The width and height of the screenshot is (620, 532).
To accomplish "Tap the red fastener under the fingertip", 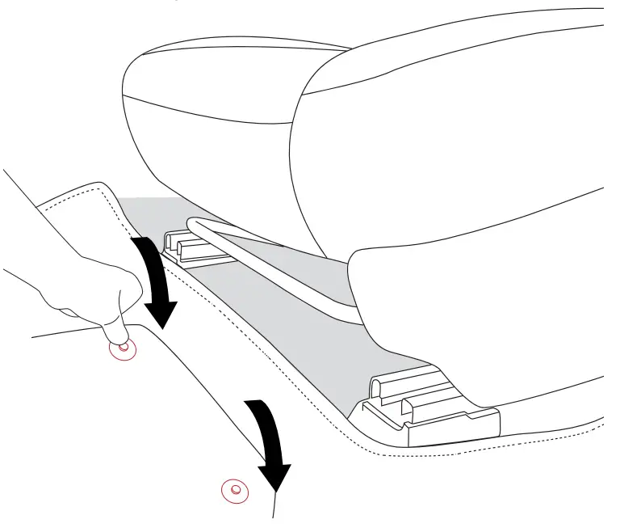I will (123, 348).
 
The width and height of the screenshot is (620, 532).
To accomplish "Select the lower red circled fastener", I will (235, 489).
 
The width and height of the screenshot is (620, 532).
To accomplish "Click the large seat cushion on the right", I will (452, 162).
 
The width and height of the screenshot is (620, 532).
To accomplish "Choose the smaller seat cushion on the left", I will (202, 105).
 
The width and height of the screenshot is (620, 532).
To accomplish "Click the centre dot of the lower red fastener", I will (235, 489).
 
